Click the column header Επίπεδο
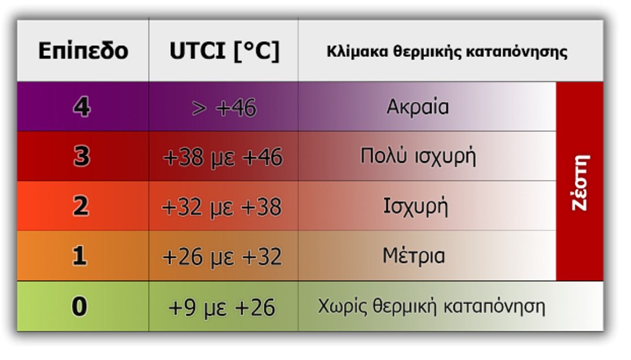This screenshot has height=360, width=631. pos(83,51)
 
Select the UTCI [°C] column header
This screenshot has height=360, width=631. pos(224,51)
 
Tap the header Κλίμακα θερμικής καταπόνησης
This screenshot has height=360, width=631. pos(446,52)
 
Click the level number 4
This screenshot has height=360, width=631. pos(81,107)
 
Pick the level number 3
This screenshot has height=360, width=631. pos(81,156)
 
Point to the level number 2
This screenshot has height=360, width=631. pos(81,206)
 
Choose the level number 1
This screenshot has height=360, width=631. pos(79,256)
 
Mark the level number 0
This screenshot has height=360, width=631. pos(79,306)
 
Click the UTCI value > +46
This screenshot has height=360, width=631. pos(224,108)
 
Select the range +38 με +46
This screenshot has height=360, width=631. pos(223,157)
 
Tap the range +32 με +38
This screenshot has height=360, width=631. pos(221,207)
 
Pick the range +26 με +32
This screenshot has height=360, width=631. pos(222,257)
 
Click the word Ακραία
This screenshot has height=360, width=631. pos(418,107)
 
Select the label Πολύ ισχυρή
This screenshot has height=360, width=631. pos(418,156)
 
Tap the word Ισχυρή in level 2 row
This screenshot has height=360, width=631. pos(415,206)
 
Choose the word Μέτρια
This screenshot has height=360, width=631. pos(414,256)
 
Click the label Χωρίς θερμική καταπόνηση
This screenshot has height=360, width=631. pos(432,307)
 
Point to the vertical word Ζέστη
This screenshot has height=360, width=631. pos(580,182)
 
